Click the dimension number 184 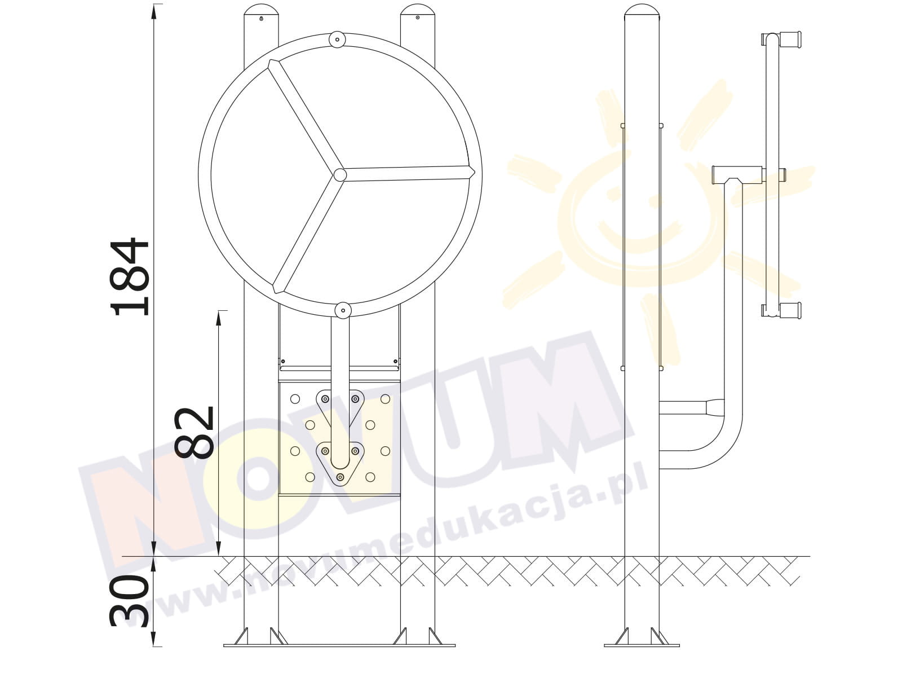tap(130, 276)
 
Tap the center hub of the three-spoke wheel tap(340, 175)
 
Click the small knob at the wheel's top tap(337, 40)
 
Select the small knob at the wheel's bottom tap(343, 310)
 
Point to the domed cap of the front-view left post tap(261, 10)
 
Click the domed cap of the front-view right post tap(418, 10)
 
